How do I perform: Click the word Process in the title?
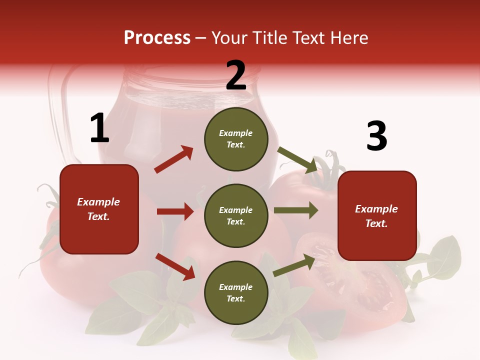click(x=157, y=38)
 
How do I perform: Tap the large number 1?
click(x=99, y=128)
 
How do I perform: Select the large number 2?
click(x=236, y=75)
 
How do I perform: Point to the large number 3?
click(x=376, y=136)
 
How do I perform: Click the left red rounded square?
click(x=99, y=209)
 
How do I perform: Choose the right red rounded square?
click(x=377, y=215)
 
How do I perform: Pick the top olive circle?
click(x=236, y=139)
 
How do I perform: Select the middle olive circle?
click(x=236, y=215)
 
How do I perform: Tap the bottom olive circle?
click(x=236, y=292)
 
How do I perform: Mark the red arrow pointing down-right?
click(x=175, y=266)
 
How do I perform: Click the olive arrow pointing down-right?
click(x=298, y=160)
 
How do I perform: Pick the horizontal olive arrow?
click(x=295, y=210)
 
